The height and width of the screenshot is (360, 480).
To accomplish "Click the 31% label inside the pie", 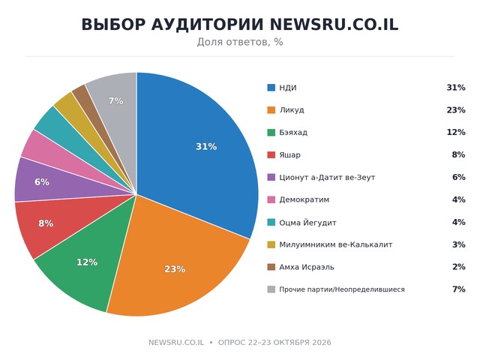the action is (x=206, y=147).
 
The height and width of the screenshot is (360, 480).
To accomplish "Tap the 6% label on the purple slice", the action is (x=42, y=181).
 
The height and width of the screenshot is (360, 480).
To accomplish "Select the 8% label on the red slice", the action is (x=46, y=223).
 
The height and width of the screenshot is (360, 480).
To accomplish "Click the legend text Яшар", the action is (x=289, y=155).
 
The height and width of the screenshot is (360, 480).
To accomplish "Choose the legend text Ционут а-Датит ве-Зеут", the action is (x=327, y=177).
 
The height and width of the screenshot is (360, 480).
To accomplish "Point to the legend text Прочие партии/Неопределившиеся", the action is (x=342, y=289).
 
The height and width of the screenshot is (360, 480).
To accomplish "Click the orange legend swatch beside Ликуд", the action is (x=271, y=110).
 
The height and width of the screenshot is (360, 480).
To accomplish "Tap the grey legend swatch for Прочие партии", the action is (x=271, y=289).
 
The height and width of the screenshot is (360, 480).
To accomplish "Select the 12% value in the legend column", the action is (x=456, y=132).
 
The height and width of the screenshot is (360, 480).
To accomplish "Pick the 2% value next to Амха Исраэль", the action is (x=458, y=267).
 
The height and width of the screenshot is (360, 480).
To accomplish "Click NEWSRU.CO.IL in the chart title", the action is (x=334, y=25).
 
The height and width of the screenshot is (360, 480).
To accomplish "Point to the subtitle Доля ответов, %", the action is (x=240, y=42).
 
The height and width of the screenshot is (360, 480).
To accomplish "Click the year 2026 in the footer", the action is (x=322, y=342).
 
